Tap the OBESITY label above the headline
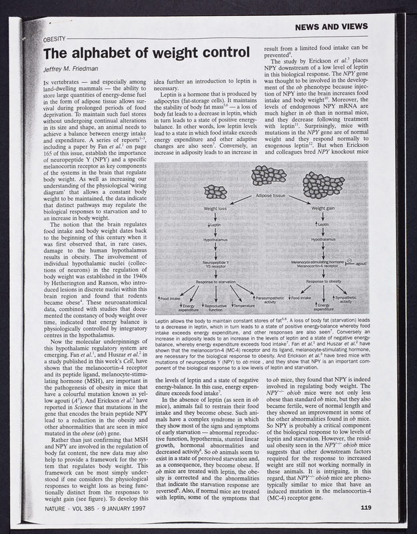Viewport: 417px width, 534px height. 58,40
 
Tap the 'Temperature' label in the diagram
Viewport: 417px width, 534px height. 243,305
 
